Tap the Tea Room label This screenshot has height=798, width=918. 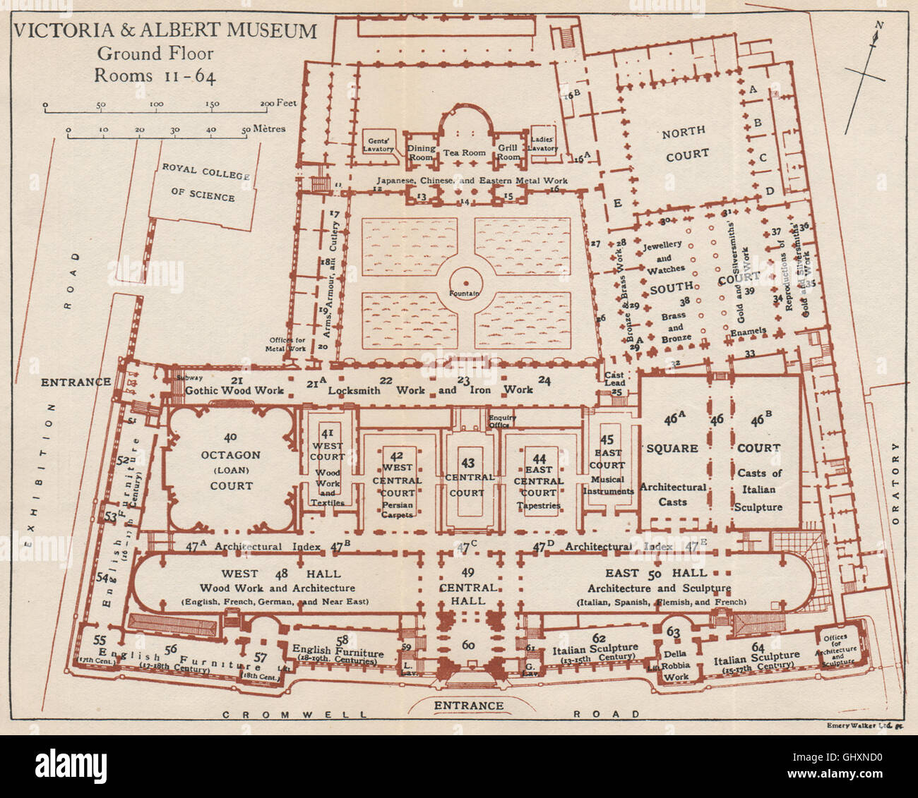click(464, 153)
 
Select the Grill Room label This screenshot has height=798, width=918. click(508, 153)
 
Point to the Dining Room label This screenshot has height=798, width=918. click(421, 153)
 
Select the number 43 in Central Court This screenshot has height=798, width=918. click(467, 463)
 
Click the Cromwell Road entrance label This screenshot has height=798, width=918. click(468, 705)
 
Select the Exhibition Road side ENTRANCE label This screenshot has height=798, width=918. click(75, 382)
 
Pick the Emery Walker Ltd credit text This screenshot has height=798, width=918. click(854, 725)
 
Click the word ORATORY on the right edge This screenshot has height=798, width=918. click(895, 484)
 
